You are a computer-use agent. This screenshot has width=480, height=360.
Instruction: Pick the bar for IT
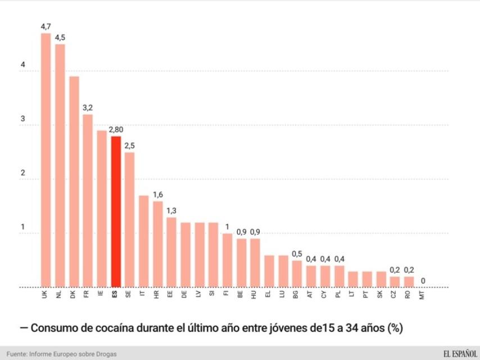tap(143, 241)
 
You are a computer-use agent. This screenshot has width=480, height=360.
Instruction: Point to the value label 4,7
tap(46, 26)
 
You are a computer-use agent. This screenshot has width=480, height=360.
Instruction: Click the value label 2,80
tap(116, 129)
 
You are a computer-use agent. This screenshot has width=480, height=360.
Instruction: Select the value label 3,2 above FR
tap(88, 107)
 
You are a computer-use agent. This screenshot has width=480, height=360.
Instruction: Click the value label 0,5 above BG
tap(297, 254)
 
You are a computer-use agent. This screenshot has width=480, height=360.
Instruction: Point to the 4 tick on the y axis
tap(23, 65)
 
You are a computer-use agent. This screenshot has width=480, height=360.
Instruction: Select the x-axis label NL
tap(59, 294)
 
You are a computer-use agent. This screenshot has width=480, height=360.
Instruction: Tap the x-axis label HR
tap(157, 294)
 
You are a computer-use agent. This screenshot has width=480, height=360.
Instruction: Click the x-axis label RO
tap(407, 294)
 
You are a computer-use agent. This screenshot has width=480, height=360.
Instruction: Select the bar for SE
tap(129, 219)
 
